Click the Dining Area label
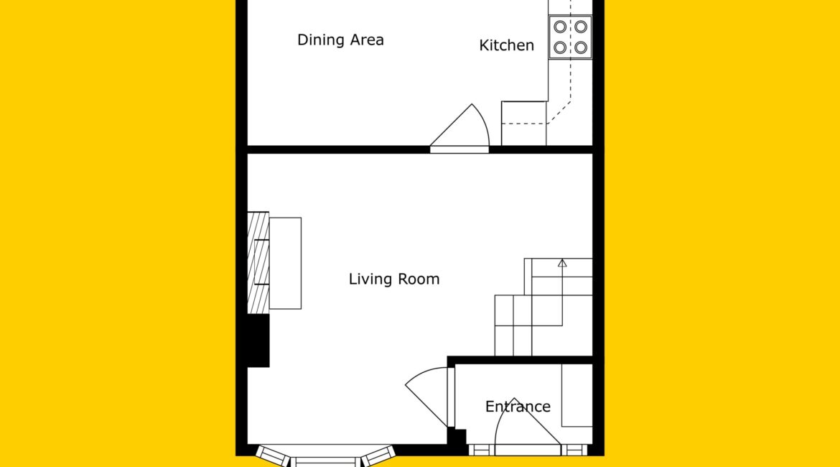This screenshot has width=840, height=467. [340, 40]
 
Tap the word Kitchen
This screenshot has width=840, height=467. [506, 45]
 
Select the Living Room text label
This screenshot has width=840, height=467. [393, 279]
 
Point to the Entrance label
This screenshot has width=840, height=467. [518, 407]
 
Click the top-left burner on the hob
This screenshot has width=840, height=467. [560, 27]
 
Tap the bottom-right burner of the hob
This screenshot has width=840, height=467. [581, 47]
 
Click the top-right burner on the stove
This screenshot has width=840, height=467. [581, 27]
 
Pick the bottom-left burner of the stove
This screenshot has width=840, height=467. [560, 47]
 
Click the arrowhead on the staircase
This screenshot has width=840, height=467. [562, 263]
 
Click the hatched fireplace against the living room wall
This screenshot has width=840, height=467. [258, 263]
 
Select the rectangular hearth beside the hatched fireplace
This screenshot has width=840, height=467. [285, 263]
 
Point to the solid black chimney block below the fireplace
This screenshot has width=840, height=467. [258, 341]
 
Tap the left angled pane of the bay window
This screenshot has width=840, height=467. [274, 456]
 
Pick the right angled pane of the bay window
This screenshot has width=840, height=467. [378, 456]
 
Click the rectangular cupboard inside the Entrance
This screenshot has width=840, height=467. [577, 396]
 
